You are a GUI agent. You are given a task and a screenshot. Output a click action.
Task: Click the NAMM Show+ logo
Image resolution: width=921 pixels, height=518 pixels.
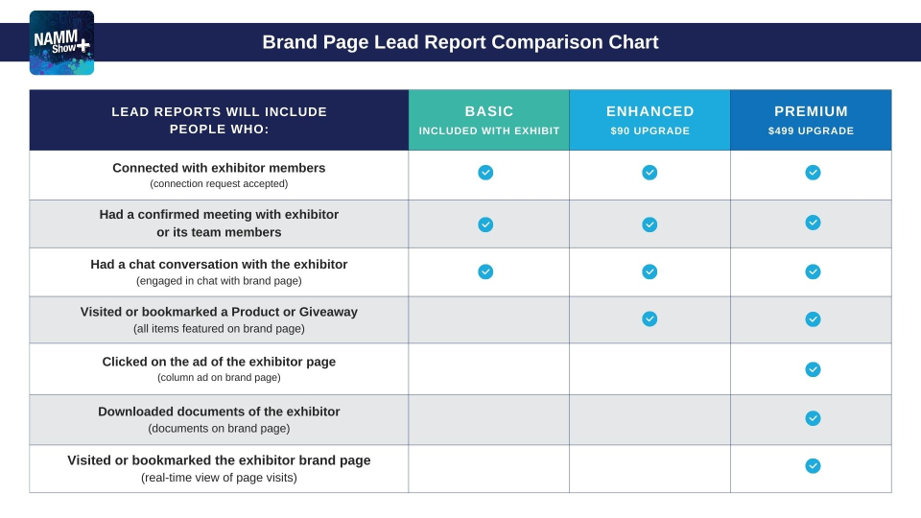[61, 43]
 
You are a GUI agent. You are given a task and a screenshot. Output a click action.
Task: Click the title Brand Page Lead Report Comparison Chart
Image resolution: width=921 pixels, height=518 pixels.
[460, 42]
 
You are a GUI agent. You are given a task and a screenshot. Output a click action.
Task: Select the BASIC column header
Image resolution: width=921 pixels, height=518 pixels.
[489, 111]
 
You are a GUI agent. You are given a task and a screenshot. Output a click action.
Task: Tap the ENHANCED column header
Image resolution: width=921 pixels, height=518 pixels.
[649, 111]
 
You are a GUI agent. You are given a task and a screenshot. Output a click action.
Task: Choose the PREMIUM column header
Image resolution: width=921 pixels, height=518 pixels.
[811, 111]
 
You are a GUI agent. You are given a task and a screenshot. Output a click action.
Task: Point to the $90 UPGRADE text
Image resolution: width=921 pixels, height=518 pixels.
[649, 131]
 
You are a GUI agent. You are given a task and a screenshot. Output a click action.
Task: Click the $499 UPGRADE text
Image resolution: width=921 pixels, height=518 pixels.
[811, 131]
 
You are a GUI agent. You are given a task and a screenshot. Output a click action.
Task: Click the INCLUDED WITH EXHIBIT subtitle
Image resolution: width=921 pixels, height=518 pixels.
[489, 131]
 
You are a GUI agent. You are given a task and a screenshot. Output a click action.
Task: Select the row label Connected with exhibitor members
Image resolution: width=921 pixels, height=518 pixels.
[219, 168]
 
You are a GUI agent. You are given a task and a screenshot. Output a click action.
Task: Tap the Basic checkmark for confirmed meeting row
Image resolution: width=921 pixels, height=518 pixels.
[485, 224]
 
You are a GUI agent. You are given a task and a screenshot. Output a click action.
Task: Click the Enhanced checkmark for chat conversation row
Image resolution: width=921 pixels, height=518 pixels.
[649, 271]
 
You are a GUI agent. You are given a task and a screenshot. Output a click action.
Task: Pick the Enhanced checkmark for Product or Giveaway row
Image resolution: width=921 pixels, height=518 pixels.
[649, 318]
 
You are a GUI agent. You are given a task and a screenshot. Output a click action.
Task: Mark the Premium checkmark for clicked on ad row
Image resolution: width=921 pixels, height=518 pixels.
[813, 369]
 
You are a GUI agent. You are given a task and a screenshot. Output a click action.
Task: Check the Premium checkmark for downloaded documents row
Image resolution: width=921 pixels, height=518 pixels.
[813, 418]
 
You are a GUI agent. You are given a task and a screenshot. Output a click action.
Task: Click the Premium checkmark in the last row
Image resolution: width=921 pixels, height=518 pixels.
[813, 466]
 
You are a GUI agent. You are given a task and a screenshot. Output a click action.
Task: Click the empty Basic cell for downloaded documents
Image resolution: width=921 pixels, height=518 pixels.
[489, 419]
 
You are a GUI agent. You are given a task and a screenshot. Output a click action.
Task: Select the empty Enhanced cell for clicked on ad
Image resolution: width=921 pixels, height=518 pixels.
[649, 369]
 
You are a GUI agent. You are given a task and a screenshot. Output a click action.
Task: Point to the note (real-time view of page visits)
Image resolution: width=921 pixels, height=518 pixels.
[219, 478]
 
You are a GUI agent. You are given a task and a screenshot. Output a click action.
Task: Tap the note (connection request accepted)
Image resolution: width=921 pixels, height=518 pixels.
[219, 183]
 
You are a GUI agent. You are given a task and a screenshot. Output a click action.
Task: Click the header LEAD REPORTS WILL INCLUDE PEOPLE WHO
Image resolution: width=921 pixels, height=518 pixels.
[219, 120]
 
